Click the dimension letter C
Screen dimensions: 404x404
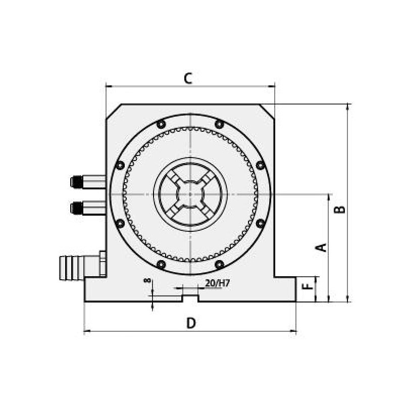(188, 78)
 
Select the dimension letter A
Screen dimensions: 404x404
(321, 247)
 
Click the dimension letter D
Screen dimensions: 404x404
(190, 323)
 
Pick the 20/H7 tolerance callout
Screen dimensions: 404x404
(218, 283)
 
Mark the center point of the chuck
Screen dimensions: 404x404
(190, 194)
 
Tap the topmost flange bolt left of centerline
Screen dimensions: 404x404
(161, 124)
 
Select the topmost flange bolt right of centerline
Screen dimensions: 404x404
(219, 124)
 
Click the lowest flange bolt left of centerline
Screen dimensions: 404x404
(161, 264)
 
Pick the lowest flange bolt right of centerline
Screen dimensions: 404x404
(219, 264)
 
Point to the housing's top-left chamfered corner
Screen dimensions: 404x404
(113, 112)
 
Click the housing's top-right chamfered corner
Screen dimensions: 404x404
(268, 112)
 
